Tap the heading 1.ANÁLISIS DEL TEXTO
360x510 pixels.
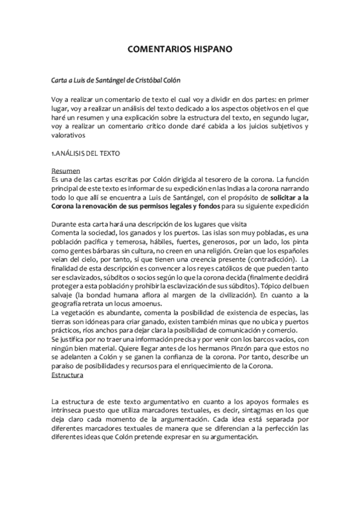pyautogui.click(x=86, y=153)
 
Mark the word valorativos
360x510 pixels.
pyautogui.click(x=70, y=136)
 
